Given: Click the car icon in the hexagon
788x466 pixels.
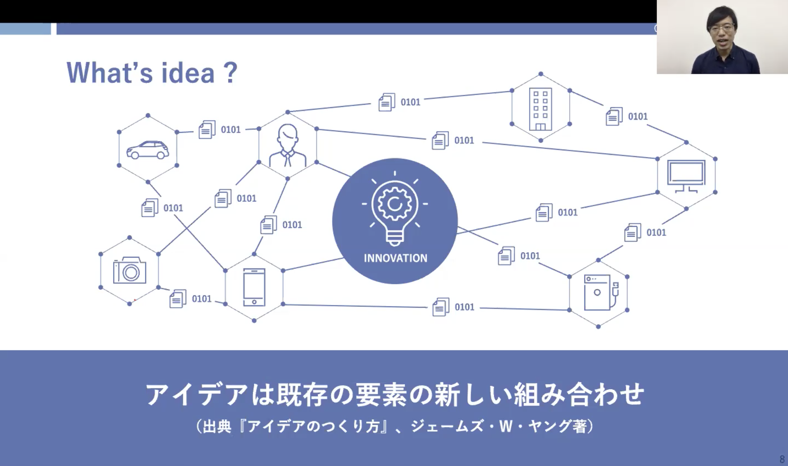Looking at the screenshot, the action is (x=147, y=150).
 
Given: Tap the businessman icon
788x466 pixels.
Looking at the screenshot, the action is (x=288, y=145).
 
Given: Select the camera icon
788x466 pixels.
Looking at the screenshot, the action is (x=130, y=270).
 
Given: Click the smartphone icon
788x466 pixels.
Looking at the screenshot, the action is (x=254, y=287).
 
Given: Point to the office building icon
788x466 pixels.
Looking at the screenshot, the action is (x=540, y=109).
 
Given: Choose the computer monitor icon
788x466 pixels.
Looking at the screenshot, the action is (x=686, y=176).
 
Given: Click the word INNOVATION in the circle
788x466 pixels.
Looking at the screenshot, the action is (x=396, y=258).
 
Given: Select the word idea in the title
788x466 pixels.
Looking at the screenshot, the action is (x=188, y=73).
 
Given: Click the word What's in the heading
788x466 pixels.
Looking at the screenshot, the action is (x=110, y=73).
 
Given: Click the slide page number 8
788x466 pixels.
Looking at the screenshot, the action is (x=782, y=459).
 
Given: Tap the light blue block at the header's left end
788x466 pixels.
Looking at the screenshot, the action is (x=25, y=29).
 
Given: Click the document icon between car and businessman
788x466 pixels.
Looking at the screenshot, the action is (x=207, y=129).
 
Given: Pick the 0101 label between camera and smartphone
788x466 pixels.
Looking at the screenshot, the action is (x=201, y=299).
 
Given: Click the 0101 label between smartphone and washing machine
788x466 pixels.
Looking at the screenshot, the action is (x=464, y=307).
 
